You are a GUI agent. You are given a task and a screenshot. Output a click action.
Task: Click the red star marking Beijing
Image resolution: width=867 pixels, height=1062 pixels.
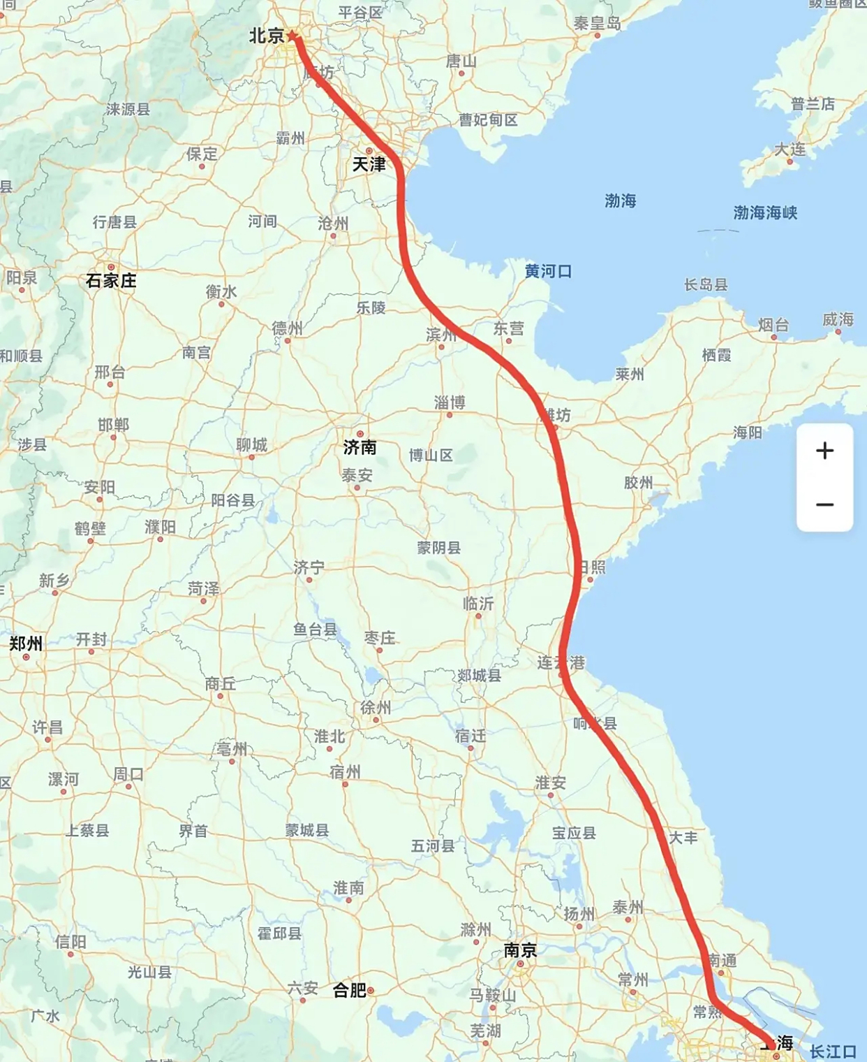point(292,36)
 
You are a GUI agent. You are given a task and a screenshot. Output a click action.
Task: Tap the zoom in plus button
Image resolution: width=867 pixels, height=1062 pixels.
point(824,451)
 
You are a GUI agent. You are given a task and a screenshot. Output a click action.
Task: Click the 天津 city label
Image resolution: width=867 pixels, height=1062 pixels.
point(369,164)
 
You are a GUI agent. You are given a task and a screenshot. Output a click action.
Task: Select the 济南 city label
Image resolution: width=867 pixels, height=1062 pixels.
point(360,447)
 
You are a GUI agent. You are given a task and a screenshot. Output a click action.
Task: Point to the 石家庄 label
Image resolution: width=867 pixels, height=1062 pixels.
point(111,281)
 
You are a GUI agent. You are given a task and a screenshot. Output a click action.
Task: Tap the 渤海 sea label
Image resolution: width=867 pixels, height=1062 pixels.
point(620,201)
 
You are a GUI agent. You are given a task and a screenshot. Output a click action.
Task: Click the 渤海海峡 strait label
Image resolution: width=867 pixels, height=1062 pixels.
point(765,212)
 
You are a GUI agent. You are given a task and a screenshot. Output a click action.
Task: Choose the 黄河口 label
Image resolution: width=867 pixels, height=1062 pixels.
point(548,271)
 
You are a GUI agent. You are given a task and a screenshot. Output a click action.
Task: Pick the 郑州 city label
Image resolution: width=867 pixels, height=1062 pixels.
point(26,643)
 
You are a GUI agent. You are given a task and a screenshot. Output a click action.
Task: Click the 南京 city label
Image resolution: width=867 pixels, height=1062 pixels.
point(521,950)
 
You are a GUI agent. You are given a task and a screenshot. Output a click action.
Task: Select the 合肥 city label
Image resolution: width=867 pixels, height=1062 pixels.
point(350,990)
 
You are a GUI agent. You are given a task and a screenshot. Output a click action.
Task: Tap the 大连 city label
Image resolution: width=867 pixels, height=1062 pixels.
point(790,150)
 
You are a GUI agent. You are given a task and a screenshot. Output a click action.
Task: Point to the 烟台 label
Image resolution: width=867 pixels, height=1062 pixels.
point(773,324)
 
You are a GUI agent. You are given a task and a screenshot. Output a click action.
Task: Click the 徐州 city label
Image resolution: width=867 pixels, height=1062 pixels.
point(376,708)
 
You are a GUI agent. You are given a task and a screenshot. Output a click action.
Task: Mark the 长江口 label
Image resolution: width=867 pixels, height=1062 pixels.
point(833,1052)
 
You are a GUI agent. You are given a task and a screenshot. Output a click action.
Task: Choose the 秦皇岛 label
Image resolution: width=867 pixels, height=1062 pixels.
point(597,23)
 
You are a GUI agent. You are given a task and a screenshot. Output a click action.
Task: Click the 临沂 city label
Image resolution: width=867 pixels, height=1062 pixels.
point(478,604)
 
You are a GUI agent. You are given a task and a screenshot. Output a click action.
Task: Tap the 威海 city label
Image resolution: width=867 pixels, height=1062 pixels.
point(838,319)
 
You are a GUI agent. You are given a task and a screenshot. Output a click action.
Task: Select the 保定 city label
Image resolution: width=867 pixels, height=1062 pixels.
point(202,154)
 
